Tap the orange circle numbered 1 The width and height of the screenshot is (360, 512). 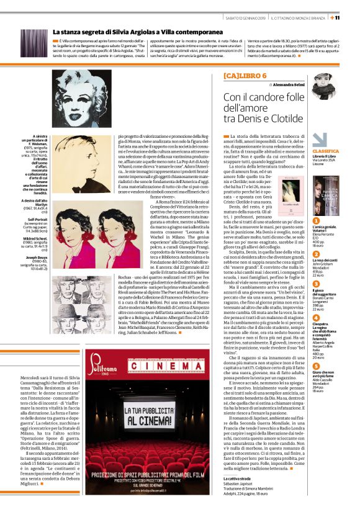(x=315, y=220)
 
